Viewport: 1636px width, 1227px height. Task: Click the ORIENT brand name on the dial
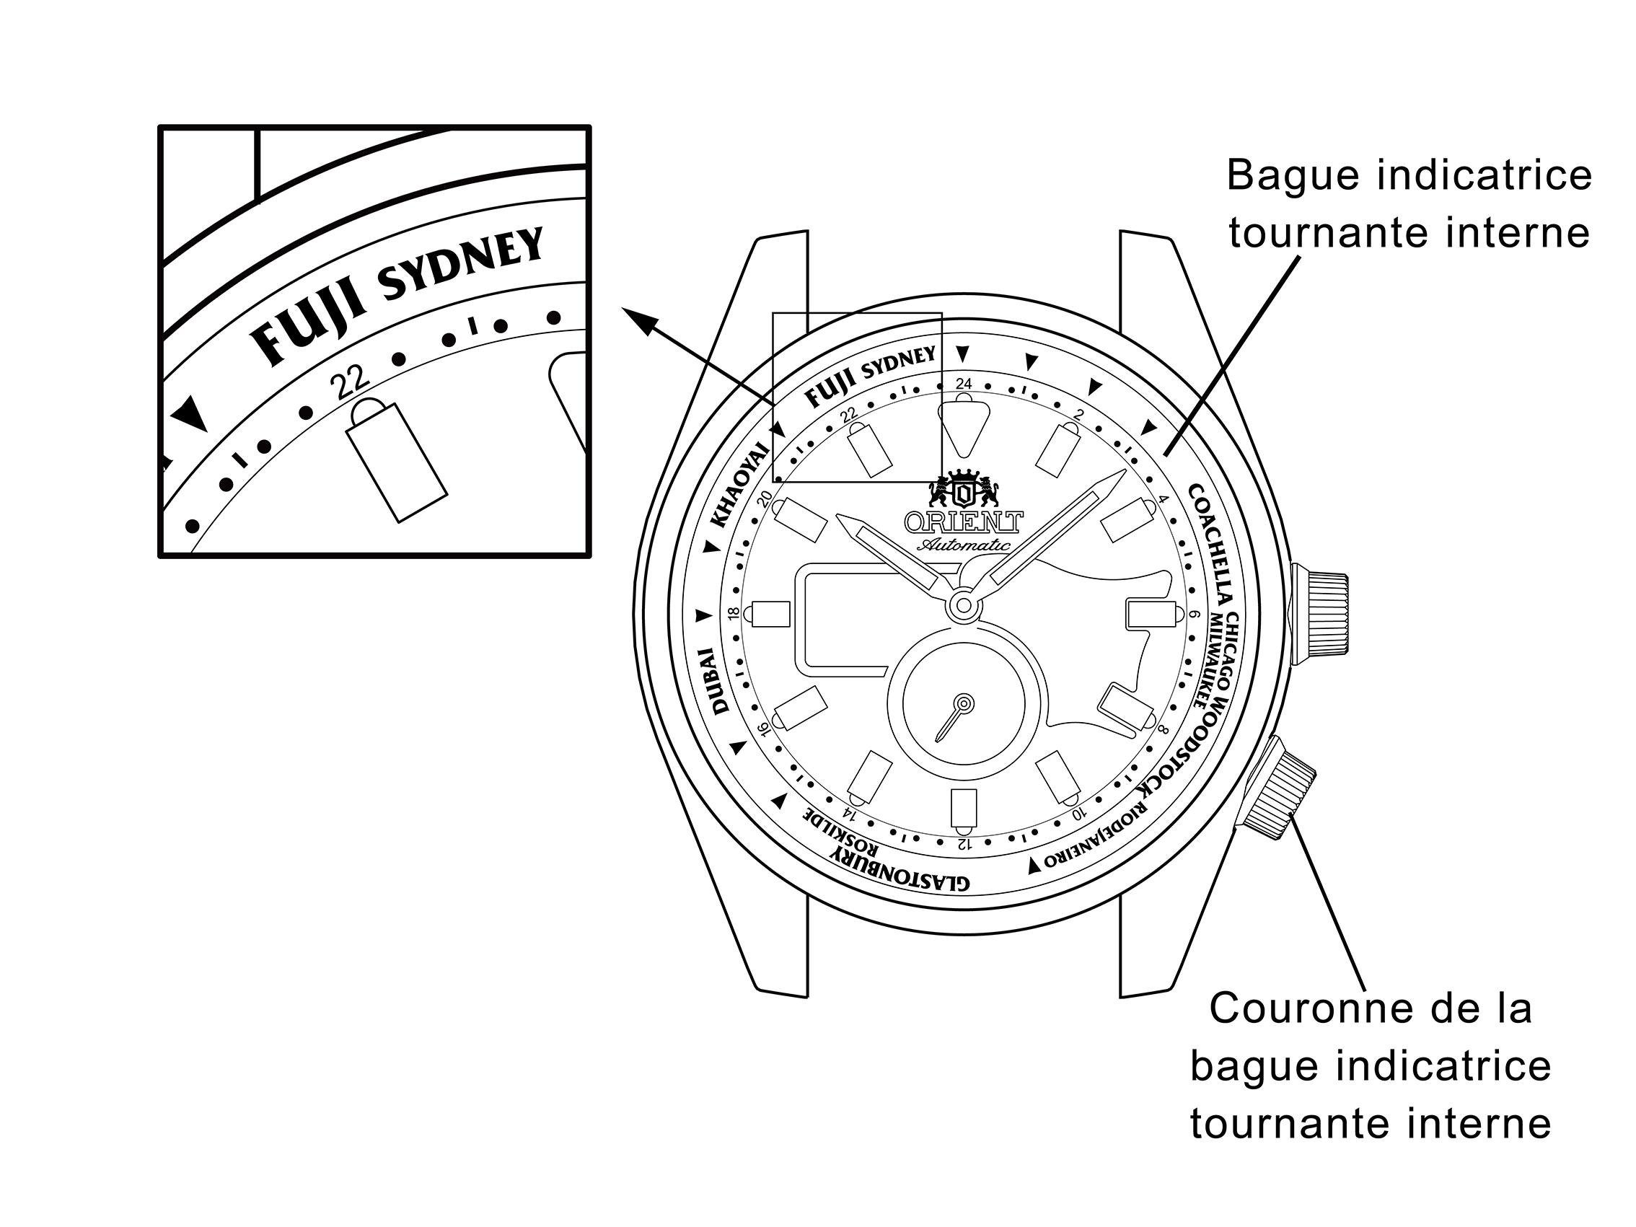coord(964,522)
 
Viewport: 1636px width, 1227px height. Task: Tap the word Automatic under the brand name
coord(964,545)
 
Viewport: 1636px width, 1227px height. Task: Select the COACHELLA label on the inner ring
coord(1211,546)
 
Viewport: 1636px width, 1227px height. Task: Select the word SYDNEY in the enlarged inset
coord(460,263)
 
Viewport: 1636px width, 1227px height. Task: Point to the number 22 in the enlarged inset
coord(350,382)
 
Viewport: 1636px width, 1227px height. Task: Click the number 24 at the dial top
coord(964,383)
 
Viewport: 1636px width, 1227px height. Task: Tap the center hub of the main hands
coord(964,606)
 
